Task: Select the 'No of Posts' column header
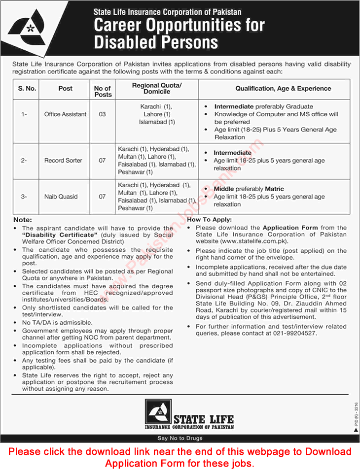(x=103, y=91)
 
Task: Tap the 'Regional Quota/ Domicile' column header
(x=157, y=89)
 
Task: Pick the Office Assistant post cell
(x=65, y=114)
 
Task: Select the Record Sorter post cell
(x=63, y=161)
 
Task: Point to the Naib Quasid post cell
(x=61, y=197)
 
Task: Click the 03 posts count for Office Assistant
(x=102, y=114)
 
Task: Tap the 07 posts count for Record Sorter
(x=102, y=161)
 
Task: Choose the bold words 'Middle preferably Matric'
(x=249, y=189)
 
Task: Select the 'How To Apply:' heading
(x=210, y=220)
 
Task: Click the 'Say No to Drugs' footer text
(x=180, y=438)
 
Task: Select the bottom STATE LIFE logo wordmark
(x=203, y=419)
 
